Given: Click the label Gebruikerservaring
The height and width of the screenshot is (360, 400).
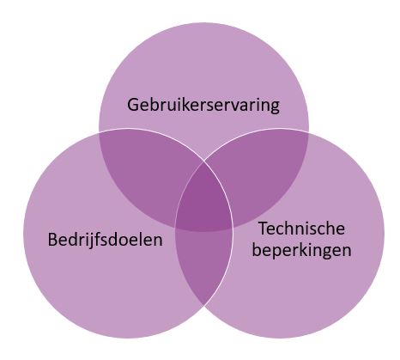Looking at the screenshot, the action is point(203,106).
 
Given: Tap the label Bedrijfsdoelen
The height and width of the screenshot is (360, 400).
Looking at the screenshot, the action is point(105,240).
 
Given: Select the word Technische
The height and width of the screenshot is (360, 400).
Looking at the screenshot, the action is point(302,229).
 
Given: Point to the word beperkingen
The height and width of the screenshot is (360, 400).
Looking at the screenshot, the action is point(301,250).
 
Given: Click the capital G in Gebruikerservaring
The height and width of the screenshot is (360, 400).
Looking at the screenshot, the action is point(132,105).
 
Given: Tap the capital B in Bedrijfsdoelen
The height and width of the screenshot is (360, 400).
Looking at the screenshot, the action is point(52,240).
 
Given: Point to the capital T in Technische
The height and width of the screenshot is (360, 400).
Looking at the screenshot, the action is point(264,229).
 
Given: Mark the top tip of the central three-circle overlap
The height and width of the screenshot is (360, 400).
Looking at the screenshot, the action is point(204,162).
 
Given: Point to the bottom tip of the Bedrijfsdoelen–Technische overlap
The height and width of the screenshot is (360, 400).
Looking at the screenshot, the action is point(204,306).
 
